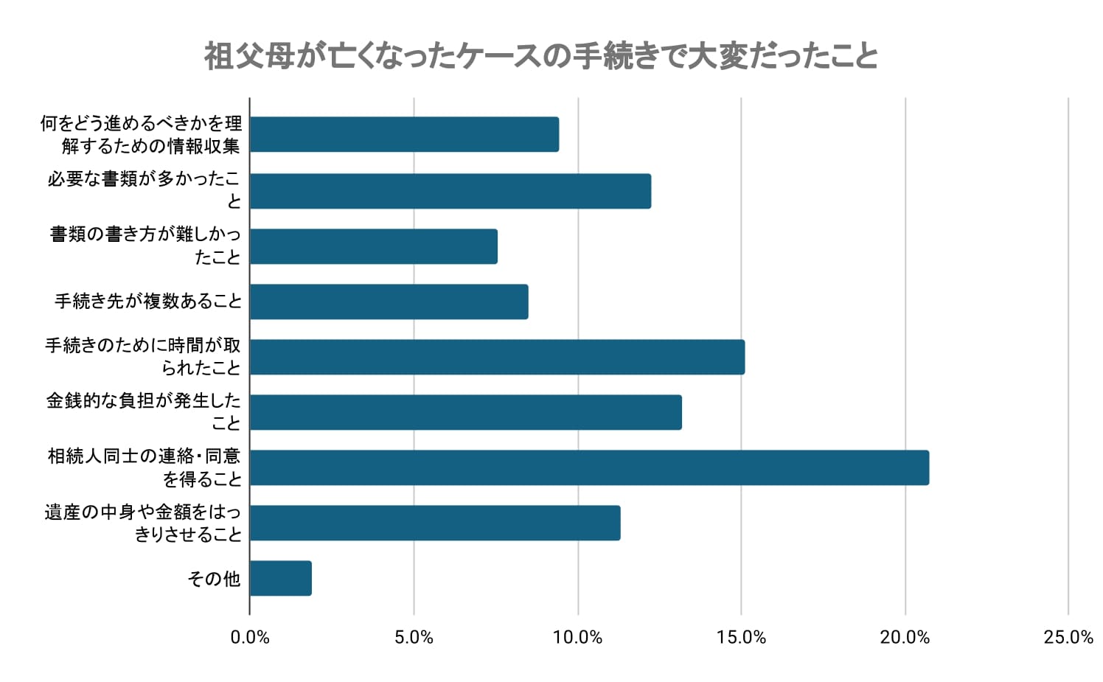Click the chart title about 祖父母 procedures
click(x=540, y=56)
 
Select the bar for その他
click(x=280, y=578)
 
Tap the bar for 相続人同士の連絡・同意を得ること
click(x=589, y=467)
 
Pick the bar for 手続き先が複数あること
click(x=389, y=302)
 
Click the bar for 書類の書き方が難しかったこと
click(x=373, y=246)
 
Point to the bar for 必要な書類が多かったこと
click(x=450, y=191)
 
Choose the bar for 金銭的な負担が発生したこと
click(x=465, y=412)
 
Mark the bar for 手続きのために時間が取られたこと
click(x=497, y=357)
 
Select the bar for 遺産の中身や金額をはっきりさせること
click(x=434, y=523)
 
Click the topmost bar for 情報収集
click(x=404, y=134)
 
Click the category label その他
click(x=214, y=579)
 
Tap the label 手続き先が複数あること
click(x=148, y=302)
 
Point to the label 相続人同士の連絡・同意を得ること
click(x=145, y=467)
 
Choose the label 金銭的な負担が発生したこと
click(x=144, y=411)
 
